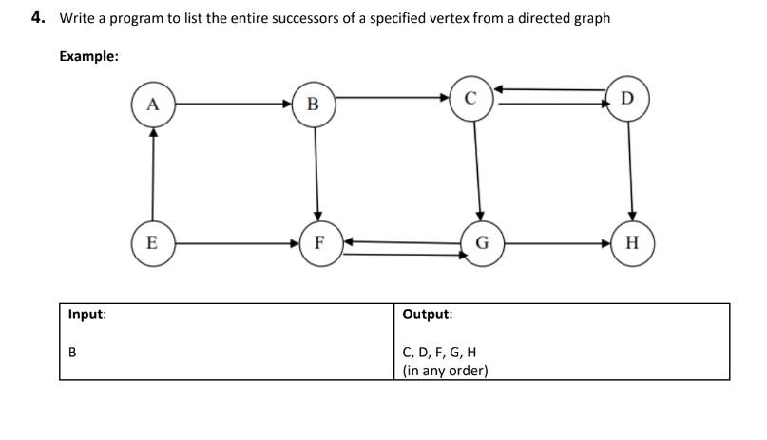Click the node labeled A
152,103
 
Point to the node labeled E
151,241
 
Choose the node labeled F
318,241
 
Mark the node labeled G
481,241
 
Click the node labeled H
632,241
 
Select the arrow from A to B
233,103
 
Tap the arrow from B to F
316,171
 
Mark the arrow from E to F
235,242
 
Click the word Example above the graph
88,56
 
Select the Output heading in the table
428,314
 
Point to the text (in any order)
445,371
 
